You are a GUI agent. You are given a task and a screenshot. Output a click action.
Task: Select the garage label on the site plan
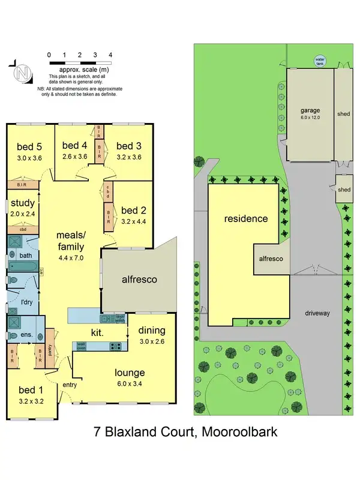click(x=310, y=110)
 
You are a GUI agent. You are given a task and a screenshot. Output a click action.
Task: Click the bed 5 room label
click(x=29, y=147)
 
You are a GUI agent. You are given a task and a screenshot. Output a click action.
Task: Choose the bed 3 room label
click(x=128, y=146)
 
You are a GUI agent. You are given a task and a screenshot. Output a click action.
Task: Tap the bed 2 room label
click(x=133, y=211)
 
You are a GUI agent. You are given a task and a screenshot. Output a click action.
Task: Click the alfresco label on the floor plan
click(x=140, y=279)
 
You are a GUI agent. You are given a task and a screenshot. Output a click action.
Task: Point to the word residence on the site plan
click(x=246, y=218)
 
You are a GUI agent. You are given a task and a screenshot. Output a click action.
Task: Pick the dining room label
click(x=152, y=330)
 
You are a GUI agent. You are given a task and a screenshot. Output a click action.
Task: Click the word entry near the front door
click(x=70, y=385)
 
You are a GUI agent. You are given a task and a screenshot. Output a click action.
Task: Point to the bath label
click(x=25, y=256)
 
